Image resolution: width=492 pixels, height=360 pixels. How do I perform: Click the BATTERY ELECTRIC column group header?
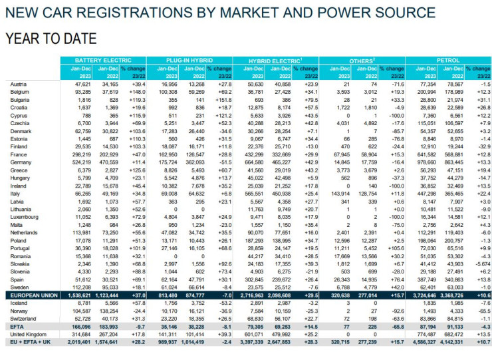click(x=102, y=60)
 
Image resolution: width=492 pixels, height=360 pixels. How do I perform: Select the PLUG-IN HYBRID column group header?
click(x=189, y=60)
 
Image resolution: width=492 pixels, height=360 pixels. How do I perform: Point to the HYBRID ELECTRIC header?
click(x=275, y=60)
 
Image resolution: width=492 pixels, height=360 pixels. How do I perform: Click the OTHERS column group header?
click(x=361, y=60)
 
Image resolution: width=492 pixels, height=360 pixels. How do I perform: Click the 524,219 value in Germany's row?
click(x=81, y=162)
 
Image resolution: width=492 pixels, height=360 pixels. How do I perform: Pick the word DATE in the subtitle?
click(x=77, y=38)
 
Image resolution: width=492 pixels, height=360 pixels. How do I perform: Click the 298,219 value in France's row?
click(x=81, y=154)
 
